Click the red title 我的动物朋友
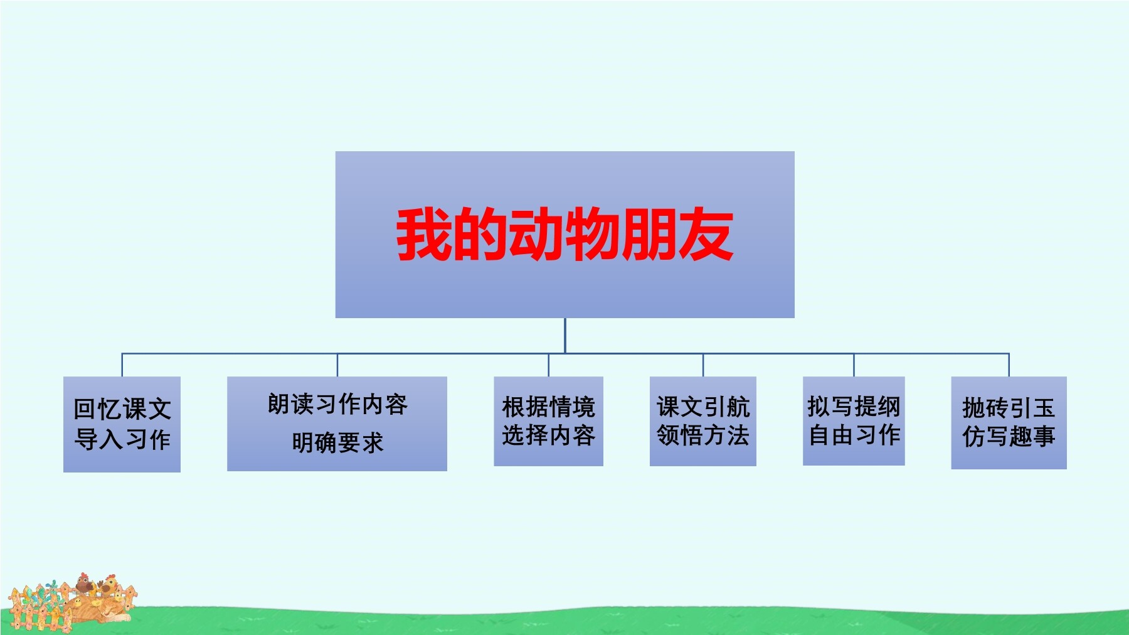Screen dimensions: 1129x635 564,234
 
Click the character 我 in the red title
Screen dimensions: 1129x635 423,234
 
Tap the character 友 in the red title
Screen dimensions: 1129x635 706,234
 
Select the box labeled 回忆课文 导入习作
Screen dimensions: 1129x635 122,424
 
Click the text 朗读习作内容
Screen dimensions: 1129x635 337,404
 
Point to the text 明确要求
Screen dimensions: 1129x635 337,442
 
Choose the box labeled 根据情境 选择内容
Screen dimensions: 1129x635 548,421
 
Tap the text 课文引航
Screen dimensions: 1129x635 703,407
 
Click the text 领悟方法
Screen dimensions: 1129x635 703,435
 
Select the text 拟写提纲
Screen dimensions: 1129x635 854,407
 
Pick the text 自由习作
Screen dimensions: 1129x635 854,435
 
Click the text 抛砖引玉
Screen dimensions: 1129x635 1009,408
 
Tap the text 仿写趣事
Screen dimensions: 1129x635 1009,436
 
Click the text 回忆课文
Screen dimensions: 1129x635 122,409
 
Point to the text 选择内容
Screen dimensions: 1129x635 548,435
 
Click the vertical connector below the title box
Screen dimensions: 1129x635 564,336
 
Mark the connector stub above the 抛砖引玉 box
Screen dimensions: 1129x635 1009,365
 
